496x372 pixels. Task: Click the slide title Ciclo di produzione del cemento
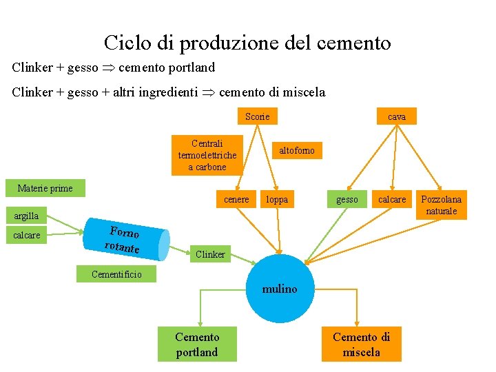247,43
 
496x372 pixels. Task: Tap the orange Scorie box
258,116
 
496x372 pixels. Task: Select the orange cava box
397,116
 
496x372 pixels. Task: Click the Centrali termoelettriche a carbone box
207,155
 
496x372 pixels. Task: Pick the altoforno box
296,150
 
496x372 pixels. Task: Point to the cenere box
237,199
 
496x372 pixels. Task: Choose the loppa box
277,199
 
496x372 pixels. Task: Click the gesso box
347,199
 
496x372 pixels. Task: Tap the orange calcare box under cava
393,199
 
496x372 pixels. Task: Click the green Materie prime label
45,188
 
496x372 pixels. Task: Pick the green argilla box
27,216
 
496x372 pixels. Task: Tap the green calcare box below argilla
27,235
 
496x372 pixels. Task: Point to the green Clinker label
210,254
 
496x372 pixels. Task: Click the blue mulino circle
280,289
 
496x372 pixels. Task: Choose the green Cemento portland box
197,344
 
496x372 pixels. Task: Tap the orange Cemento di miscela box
361,344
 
